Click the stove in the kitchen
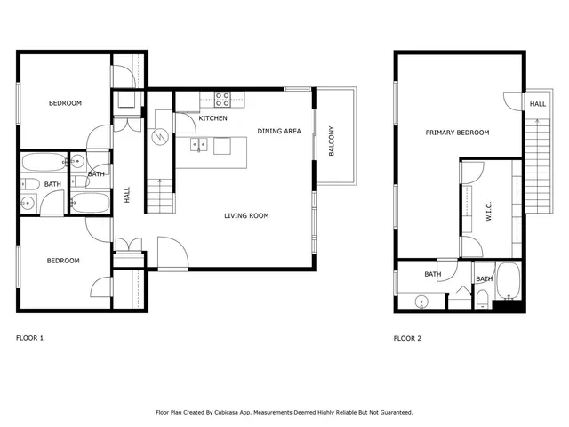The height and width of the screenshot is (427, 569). click(222, 99)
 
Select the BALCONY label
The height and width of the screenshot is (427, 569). click(332, 141)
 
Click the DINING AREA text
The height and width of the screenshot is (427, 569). click(279, 131)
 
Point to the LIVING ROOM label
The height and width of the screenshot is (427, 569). click(246, 215)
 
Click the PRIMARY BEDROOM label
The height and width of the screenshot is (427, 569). click(457, 133)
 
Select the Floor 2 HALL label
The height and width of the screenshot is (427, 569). click(538, 104)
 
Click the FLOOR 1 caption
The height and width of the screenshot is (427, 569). click(29, 338)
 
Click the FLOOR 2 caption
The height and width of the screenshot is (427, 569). click(407, 338)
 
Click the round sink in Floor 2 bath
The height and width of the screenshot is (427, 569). click(421, 301)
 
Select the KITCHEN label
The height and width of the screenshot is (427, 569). click(212, 118)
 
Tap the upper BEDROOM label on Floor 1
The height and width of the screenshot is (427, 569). click(65, 103)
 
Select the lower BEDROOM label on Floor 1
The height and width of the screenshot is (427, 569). click(63, 261)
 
